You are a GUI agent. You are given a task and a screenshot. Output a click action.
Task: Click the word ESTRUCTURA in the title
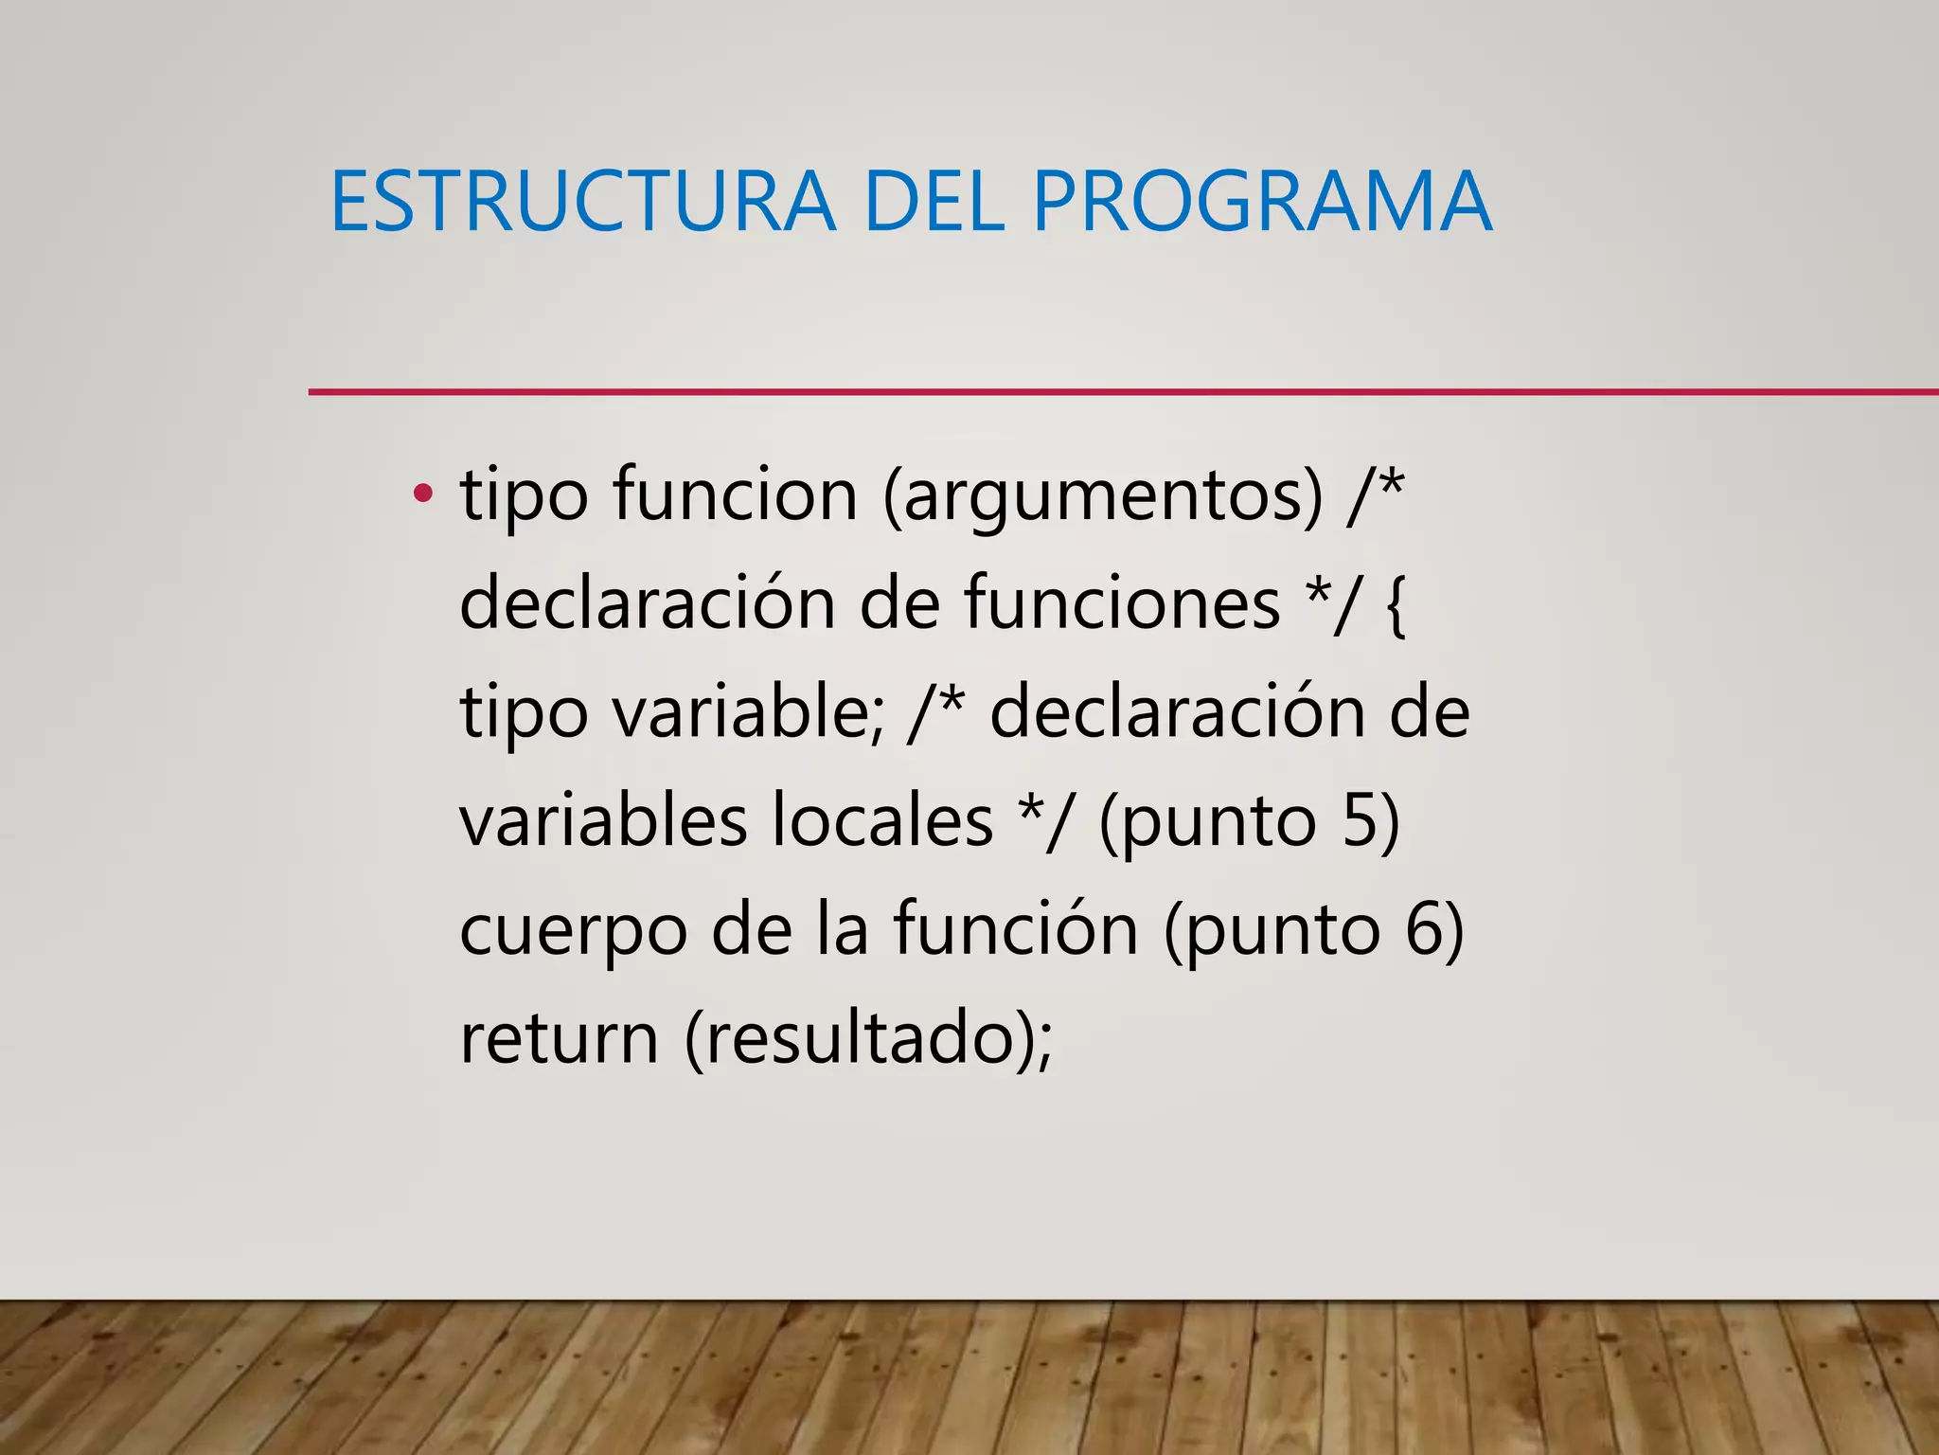pos(582,202)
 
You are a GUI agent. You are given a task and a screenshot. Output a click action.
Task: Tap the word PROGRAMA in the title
pos(1261,202)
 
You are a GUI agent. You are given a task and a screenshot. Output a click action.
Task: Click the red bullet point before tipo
pos(422,494)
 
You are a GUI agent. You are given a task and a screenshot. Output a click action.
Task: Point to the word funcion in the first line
pos(735,494)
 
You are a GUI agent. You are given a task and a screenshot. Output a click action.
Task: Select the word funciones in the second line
pos(1122,603)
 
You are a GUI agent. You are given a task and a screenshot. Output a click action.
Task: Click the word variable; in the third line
pos(748,712)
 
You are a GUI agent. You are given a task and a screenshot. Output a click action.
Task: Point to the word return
pos(559,1038)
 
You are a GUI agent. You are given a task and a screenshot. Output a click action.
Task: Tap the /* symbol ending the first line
pos(1375,494)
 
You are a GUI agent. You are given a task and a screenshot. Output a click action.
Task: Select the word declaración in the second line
pos(648,603)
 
